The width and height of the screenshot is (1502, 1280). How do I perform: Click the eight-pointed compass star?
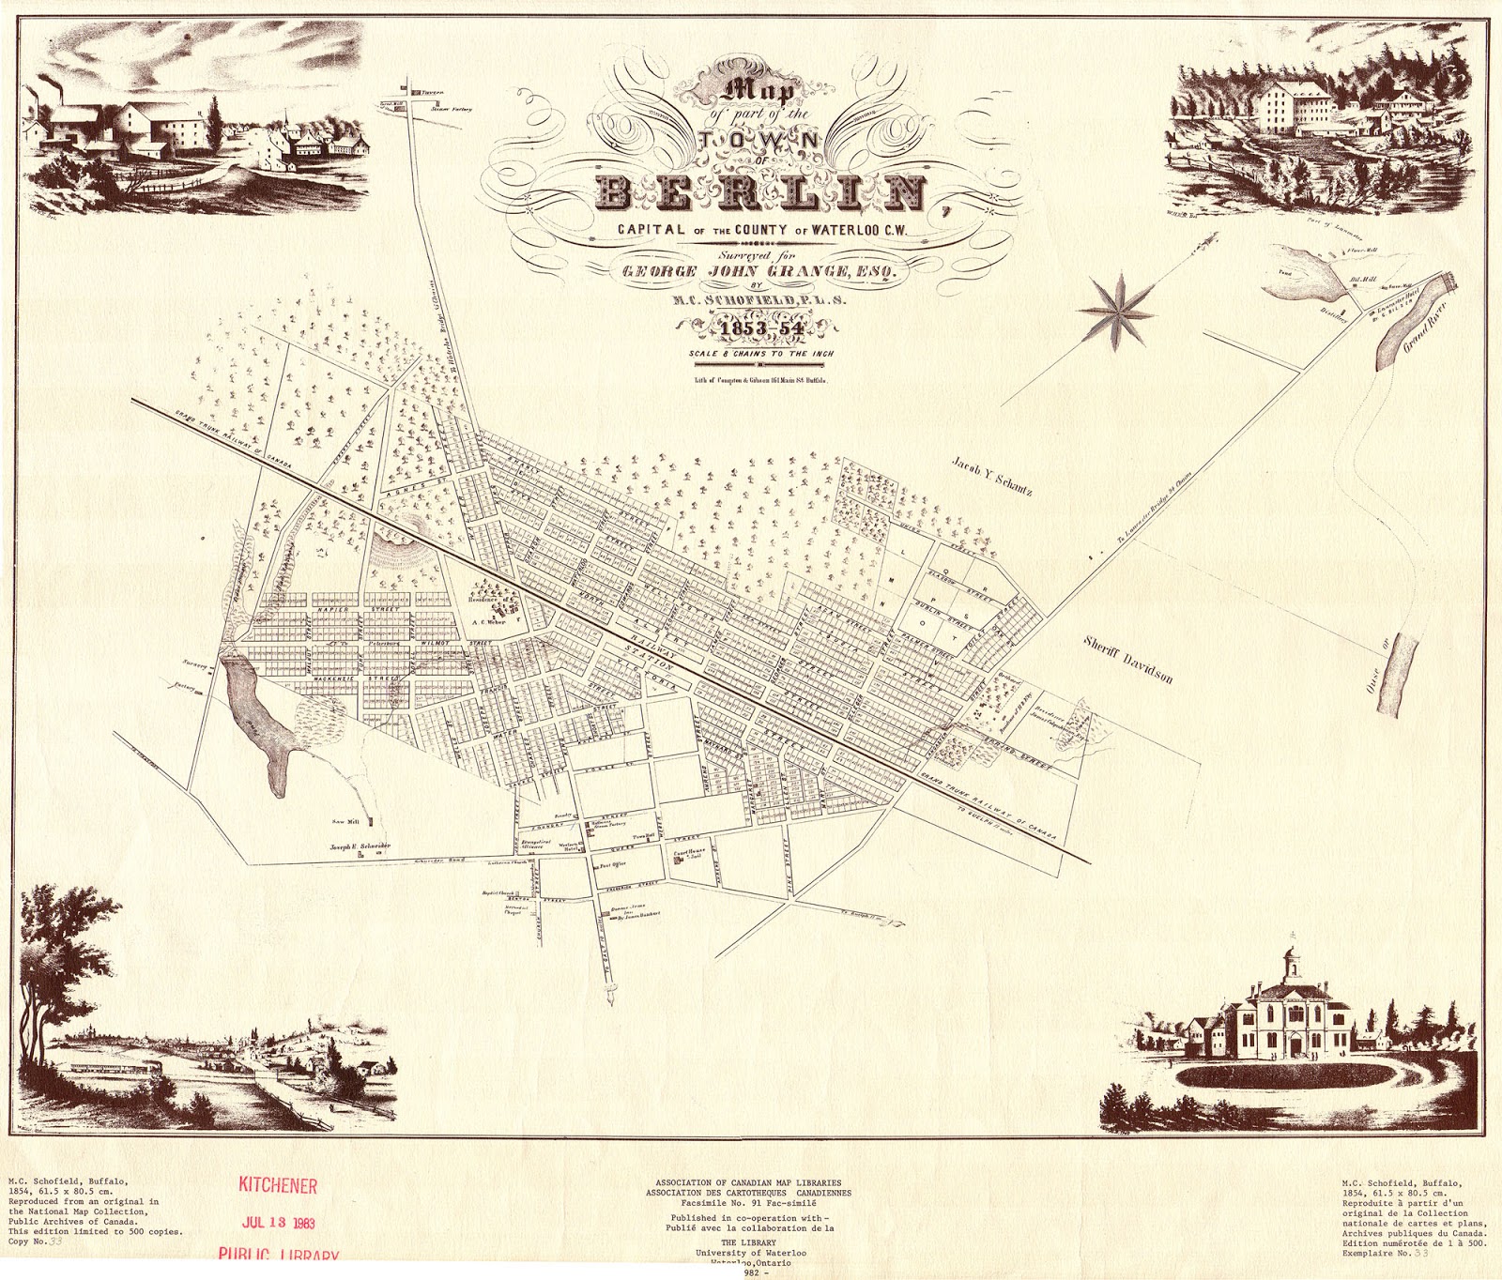(x=1116, y=311)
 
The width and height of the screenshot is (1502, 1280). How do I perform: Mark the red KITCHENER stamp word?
(x=278, y=1185)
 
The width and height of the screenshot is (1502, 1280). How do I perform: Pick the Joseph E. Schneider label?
(x=359, y=846)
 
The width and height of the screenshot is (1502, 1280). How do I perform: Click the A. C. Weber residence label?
(x=488, y=620)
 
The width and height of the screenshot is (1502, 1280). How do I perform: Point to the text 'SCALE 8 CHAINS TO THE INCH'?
(x=760, y=355)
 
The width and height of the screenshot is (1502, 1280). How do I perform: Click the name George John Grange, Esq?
(x=760, y=271)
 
